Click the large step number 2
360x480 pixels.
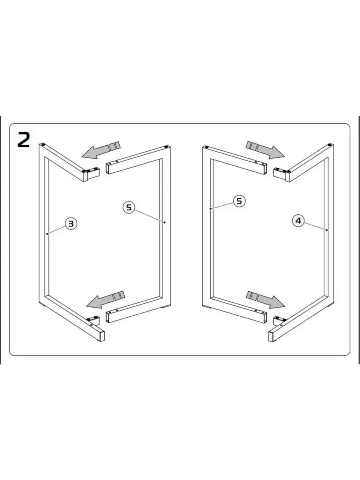pos(23,140)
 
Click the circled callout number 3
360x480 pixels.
pos(71,224)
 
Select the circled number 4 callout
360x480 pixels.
pos(298,221)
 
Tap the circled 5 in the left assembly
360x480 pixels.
pos(129,207)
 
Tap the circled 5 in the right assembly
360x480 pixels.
pos(239,201)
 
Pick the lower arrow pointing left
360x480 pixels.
pos(105,300)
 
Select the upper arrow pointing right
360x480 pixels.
pos(265,150)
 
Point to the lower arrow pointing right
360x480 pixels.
pos(266,300)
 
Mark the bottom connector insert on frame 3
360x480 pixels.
pos(94,320)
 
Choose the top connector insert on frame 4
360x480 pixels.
pos(280,172)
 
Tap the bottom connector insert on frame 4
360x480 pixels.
pos(279,320)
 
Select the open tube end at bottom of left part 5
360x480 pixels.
pos(107,318)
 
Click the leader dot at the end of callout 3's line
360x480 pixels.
pos(47,234)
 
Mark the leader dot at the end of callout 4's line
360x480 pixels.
pos(326,230)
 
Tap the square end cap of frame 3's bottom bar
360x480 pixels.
pos(102,336)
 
